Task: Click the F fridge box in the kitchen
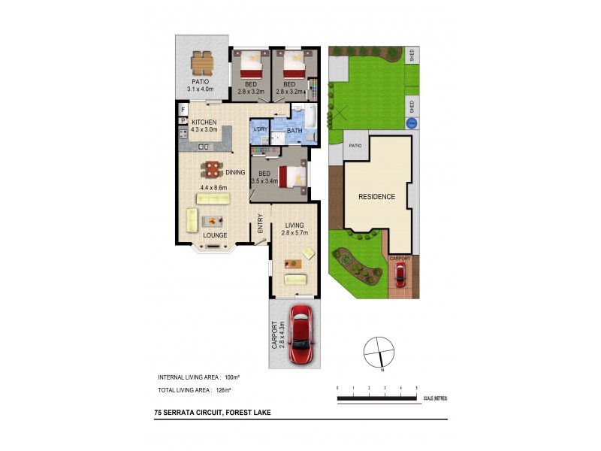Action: [183, 110]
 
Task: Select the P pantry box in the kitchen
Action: [183, 120]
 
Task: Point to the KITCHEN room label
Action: [204, 122]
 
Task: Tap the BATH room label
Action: [294, 132]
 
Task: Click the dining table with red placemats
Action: [214, 169]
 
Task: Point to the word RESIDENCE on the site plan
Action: [376, 197]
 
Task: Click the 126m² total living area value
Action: [223, 391]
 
